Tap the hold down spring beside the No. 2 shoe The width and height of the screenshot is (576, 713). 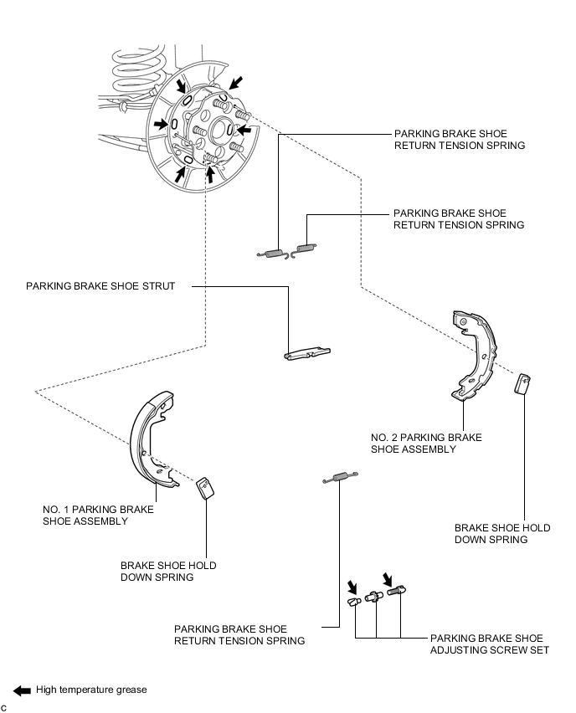tap(523, 382)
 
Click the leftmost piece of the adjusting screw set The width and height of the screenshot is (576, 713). tap(352, 601)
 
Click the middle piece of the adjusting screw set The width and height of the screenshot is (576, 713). tap(374, 596)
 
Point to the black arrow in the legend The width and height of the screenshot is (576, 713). tap(22, 690)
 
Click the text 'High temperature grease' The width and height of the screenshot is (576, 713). tap(91, 690)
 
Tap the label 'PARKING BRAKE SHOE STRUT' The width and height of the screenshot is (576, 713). tap(100, 286)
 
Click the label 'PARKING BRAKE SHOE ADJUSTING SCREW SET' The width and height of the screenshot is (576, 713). tap(490, 644)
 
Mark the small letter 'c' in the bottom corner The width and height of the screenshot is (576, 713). tap(4, 708)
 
